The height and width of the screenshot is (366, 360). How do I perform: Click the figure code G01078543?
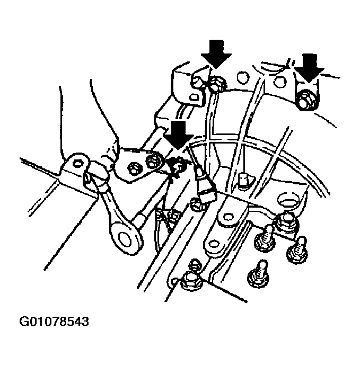(x=54, y=321)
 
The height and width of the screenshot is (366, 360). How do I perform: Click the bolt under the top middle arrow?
(x=216, y=82)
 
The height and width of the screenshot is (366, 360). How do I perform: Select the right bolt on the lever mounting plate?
(x=153, y=160)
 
